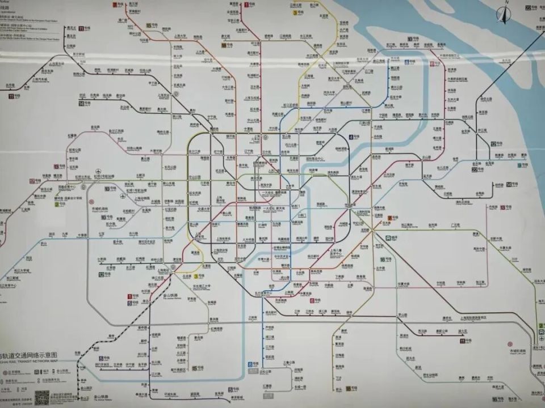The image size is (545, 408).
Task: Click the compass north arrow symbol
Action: (502, 14)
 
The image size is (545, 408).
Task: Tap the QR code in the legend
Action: (42, 397)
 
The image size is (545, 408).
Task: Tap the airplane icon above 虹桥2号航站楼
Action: (98, 171)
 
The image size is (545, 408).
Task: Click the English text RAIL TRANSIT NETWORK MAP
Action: (31, 360)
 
